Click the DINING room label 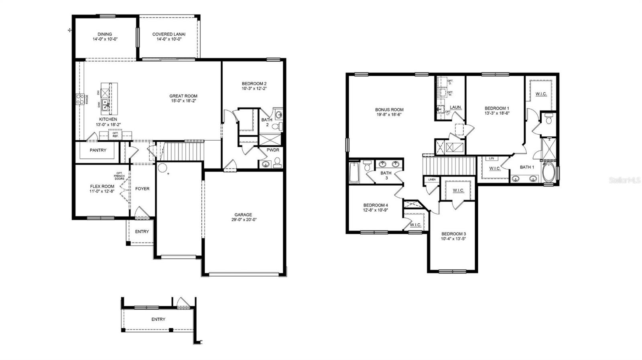pyautogui.click(x=105, y=34)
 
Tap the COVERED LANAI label pyautogui.click(x=169, y=34)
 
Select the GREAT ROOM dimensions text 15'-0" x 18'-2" pyautogui.click(x=183, y=101)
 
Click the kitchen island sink pyautogui.click(x=105, y=105)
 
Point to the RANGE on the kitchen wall pyautogui.click(x=79, y=99)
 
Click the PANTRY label pyautogui.click(x=98, y=150)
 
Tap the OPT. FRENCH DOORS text pyautogui.click(x=119, y=176)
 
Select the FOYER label pyautogui.click(x=142, y=189)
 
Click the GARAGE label pyautogui.click(x=243, y=214)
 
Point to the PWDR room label pyautogui.click(x=272, y=150)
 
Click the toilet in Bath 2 pyautogui.click(x=276, y=126)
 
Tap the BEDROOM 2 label pyautogui.click(x=254, y=83)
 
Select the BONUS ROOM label pyautogui.click(x=389, y=109)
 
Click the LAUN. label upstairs pyautogui.click(x=455, y=107)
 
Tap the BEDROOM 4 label pyautogui.click(x=376, y=205)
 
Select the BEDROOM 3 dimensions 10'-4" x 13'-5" pyautogui.click(x=453, y=239)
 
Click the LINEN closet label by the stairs pyautogui.click(x=432, y=180)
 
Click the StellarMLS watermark pyautogui.click(x=624, y=181)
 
